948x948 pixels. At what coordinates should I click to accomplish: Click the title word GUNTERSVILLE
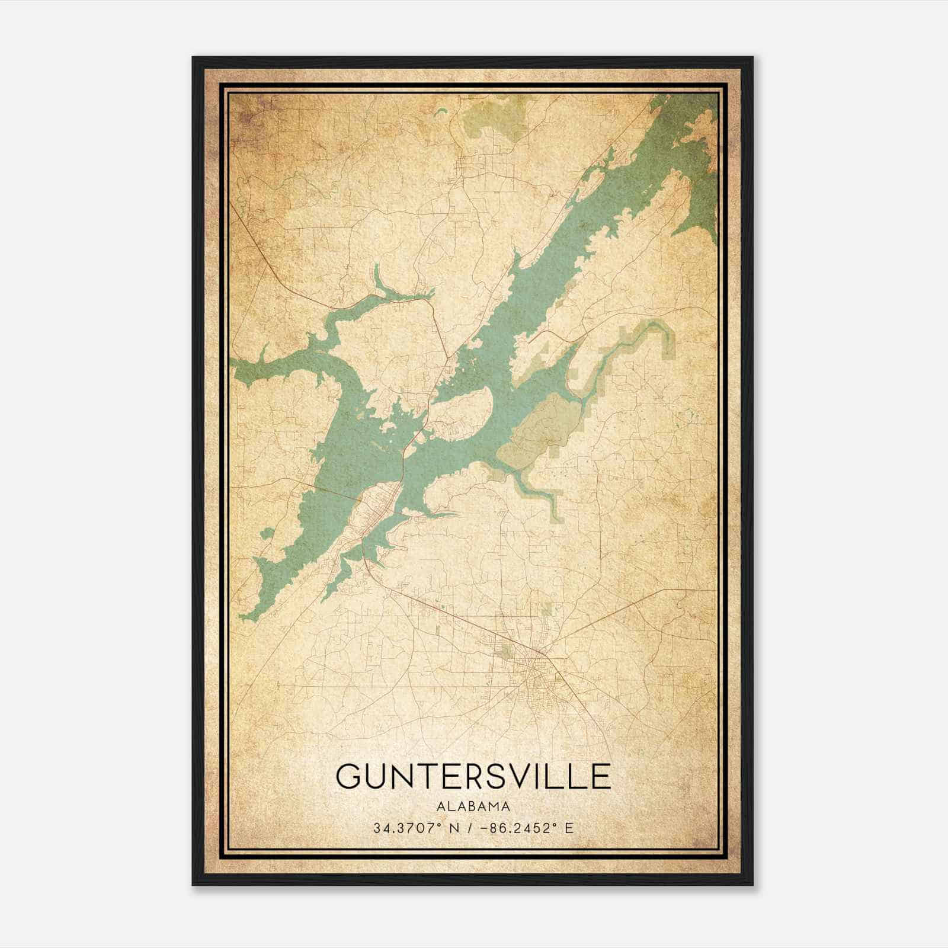point(473,776)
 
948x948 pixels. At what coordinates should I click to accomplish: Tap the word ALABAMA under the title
point(473,806)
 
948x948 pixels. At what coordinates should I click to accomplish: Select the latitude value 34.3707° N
point(413,828)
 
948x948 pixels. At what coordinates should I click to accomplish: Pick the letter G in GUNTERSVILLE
point(350,776)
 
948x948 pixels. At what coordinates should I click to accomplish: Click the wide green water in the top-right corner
point(699,154)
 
